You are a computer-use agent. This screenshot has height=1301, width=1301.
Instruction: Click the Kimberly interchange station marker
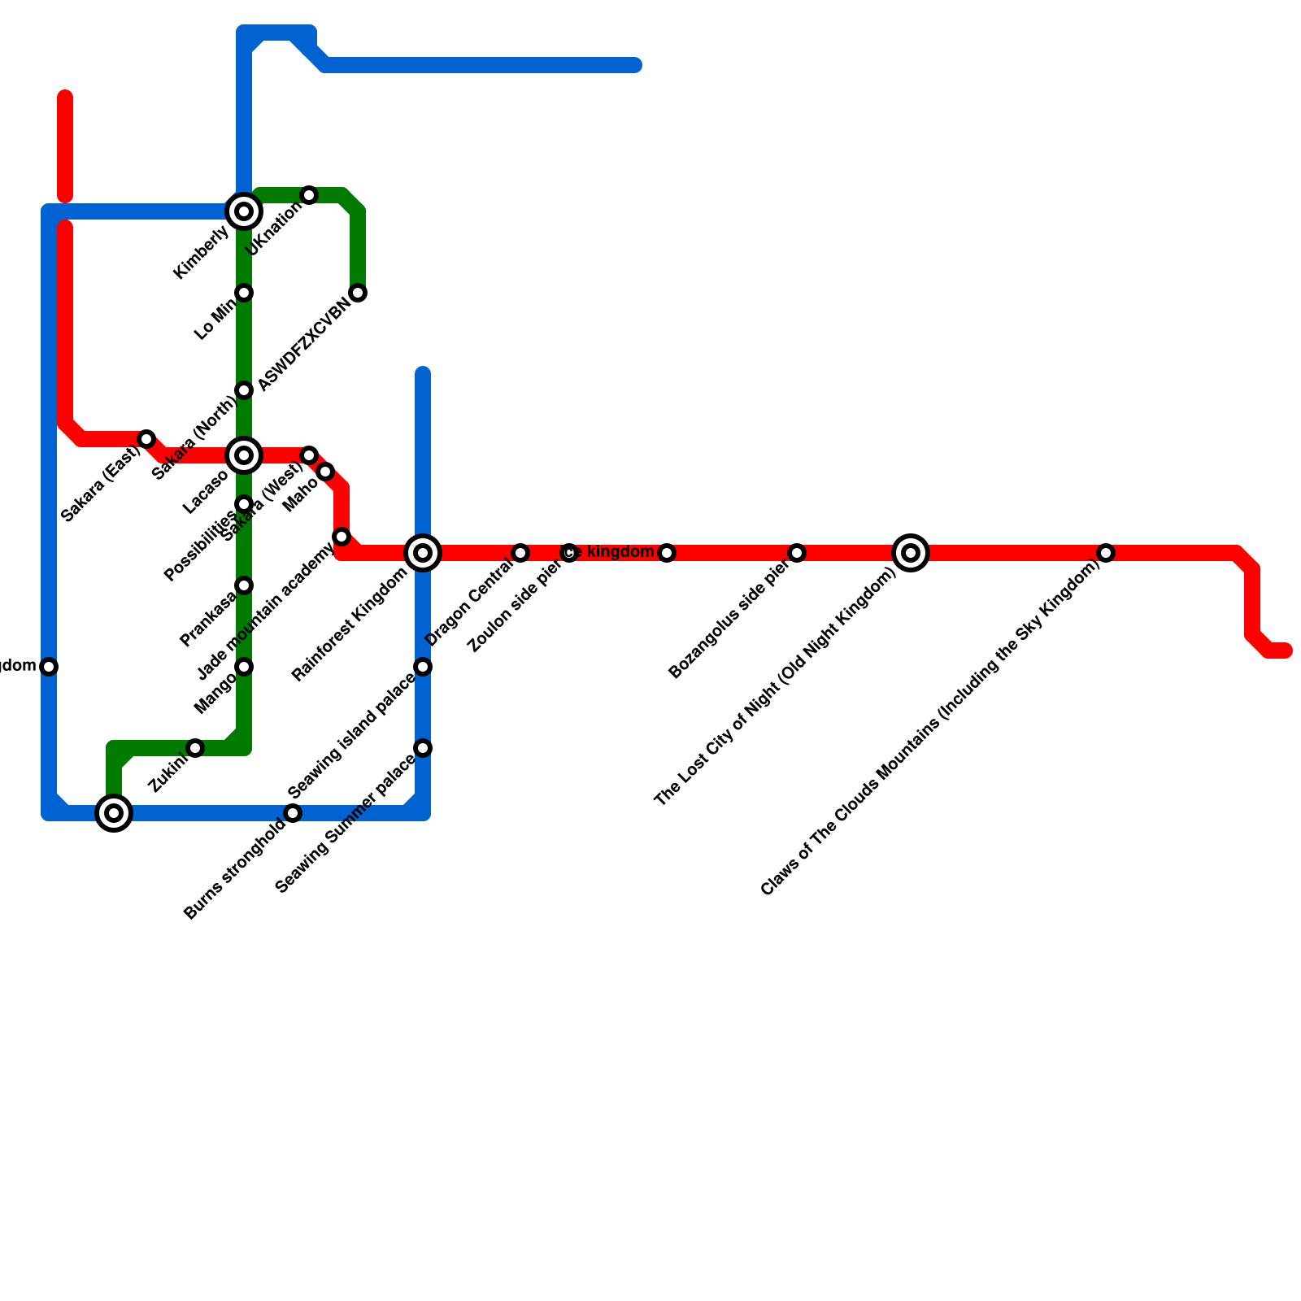tap(244, 211)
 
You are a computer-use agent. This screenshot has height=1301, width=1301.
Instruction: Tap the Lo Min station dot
tap(244, 293)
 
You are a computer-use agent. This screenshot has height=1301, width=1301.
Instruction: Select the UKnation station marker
tap(309, 195)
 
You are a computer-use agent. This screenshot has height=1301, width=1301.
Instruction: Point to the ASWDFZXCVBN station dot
tap(358, 293)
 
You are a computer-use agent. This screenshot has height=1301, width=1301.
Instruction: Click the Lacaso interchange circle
tap(244, 455)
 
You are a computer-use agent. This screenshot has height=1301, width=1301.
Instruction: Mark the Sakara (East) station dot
tap(146, 439)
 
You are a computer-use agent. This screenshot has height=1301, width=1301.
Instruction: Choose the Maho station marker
tap(325, 472)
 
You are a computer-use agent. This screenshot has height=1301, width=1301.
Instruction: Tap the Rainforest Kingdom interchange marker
tap(423, 553)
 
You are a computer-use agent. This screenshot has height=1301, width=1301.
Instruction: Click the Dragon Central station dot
tap(520, 553)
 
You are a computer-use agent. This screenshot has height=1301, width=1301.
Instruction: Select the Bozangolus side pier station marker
tap(797, 553)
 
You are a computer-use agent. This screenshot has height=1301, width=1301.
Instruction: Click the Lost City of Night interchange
tap(911, 553)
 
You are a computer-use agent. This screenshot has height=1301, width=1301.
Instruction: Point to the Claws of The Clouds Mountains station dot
tap(1106, 553)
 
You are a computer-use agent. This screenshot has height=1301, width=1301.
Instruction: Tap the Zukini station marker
tap(195, 748)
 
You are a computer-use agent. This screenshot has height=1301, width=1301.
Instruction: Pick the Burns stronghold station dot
tap(293, 813)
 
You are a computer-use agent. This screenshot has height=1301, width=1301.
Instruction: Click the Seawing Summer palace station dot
tap(423, 748)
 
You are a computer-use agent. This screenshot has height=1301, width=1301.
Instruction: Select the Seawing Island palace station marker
tap(423, 667)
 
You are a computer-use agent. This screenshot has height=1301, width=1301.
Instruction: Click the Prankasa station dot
tap(244, 585)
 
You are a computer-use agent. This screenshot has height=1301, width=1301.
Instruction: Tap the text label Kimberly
tap(202, 253)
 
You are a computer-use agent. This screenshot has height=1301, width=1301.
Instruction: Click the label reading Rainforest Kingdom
tap(350, 624)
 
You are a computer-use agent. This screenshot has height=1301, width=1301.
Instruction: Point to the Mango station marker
tap(244, 667)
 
